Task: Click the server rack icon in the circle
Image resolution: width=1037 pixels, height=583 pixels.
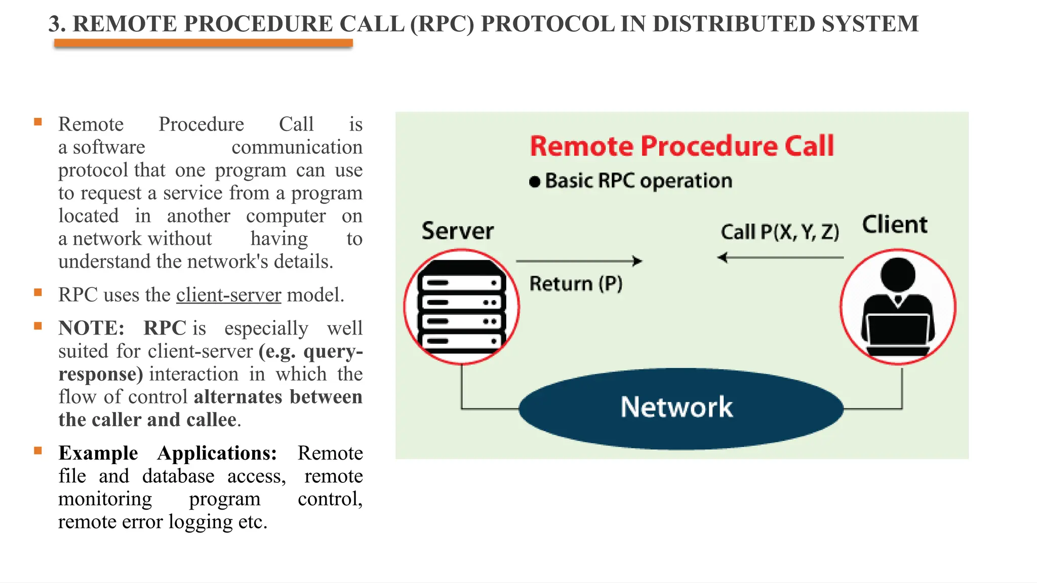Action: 461,307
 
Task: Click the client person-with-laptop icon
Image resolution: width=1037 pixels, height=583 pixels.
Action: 898,307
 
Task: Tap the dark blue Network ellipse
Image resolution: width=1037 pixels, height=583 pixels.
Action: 681,408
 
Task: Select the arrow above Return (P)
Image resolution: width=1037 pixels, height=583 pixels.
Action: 579,261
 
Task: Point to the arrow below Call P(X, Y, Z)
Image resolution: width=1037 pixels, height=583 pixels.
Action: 780,258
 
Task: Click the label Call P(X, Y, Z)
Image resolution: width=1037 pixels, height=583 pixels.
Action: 780,232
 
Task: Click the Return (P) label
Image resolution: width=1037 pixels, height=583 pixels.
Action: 576,284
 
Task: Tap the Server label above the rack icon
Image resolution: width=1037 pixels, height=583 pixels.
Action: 457,231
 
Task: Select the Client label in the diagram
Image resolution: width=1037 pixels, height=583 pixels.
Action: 895,225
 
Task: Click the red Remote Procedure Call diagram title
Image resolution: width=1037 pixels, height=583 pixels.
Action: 682,146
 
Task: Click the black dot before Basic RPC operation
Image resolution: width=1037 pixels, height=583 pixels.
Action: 534,182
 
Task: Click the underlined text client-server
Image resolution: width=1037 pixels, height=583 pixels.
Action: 228,295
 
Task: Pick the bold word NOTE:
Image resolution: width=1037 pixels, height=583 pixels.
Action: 91,328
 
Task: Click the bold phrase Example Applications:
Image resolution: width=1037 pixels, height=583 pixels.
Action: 168,453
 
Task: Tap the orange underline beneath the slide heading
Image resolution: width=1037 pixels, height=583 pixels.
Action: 203,44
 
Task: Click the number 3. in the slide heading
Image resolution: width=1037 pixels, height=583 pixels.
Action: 57,24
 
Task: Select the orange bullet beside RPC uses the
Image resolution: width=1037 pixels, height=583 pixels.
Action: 38,293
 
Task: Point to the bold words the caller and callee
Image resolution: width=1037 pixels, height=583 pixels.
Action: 147,420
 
